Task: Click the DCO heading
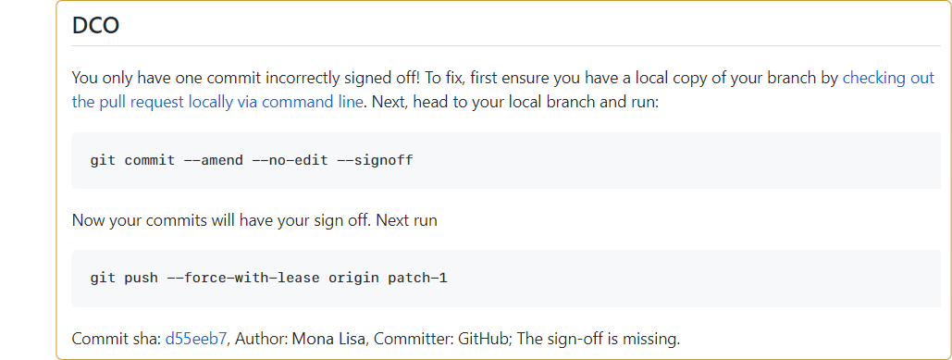95,26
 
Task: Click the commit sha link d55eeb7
196,339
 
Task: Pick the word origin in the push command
352,278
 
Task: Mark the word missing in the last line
650,339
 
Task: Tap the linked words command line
313,102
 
